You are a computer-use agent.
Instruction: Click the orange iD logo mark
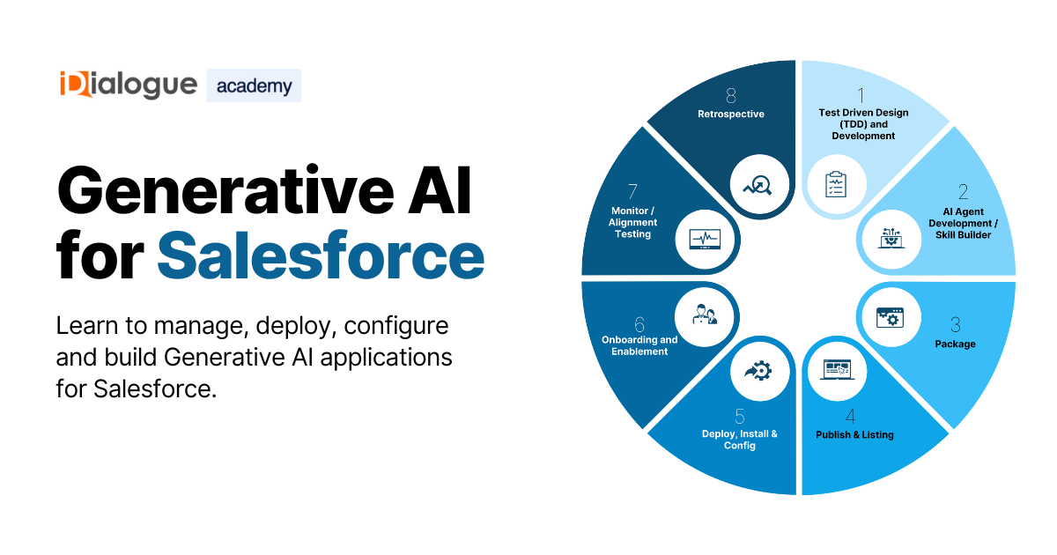click(x=75, y=84)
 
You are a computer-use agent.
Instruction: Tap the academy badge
click(x=254, y=85)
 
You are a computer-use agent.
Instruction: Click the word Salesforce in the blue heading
click(x=321, y=255)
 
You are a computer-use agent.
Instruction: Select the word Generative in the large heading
click(x=225, y=191)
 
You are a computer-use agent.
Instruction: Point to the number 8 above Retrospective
click(x=731, y=95)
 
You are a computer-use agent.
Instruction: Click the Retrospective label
click(x=731, y=114)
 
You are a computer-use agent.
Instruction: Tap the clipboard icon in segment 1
click(x=836, y=184)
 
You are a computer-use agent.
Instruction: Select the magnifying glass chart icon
click(x=758, y=185)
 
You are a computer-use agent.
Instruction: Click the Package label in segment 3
click(x=955, y=344)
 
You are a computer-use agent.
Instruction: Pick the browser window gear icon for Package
click(x=890, y=318)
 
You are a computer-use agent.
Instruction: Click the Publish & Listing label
click(x=854, y=434)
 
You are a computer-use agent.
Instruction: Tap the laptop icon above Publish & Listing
click(x=837, y=370)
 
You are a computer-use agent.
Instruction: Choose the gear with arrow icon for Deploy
click(x=758, y=371)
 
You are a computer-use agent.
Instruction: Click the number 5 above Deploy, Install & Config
click(x=739, y=416)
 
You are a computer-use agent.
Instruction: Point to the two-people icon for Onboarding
click(x=705, y=314)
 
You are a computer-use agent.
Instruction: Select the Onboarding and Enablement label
click(x=639, y=345)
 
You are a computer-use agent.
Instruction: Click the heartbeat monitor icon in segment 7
click(x=705, y=240)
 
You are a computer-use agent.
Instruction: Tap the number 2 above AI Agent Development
click(x=963, y=192)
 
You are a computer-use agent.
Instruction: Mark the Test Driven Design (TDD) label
click(x=863, y=124)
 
